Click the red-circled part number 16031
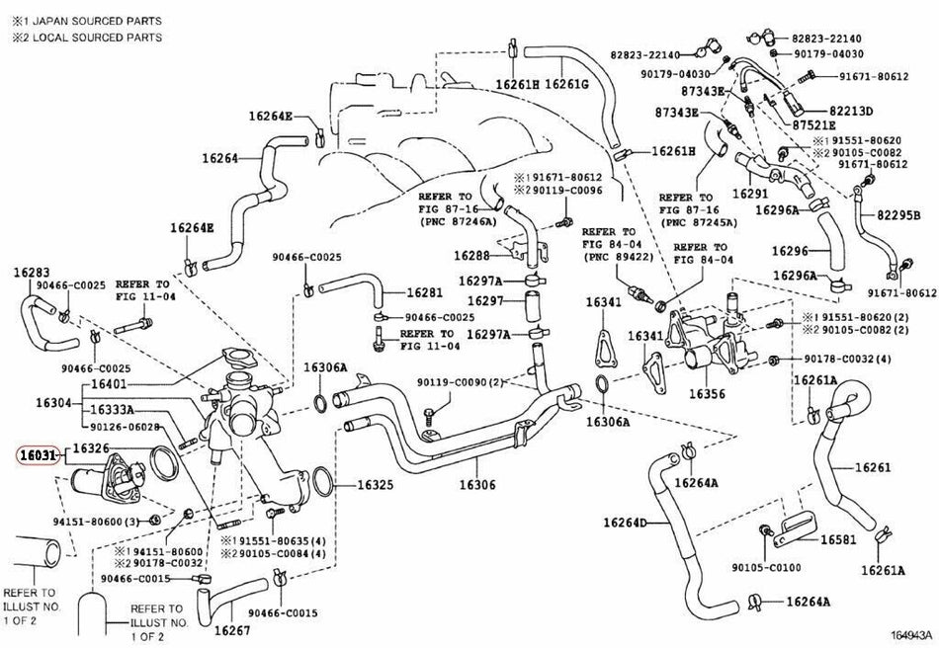(x=38, y=456)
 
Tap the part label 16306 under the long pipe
(x=477, y=484)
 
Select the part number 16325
(x=376, y=484)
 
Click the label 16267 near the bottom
(x=231, y=629)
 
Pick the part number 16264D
(x=625, y=523)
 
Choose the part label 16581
(x=838, y=539)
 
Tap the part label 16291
(x=750, y=194)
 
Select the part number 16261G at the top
(x=566, y=84)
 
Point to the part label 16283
(x=32, y=273)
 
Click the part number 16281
(x=425, y=292)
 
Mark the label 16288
(x=471, y=256)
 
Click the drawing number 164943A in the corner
(x=911, y=634)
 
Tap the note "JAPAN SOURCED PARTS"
(x=96, y=21)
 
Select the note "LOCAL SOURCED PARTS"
(x=97, y=38)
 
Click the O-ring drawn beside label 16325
(x=322, y=482)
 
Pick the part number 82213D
(x=851, y=112)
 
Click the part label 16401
(x=109, y=383)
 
